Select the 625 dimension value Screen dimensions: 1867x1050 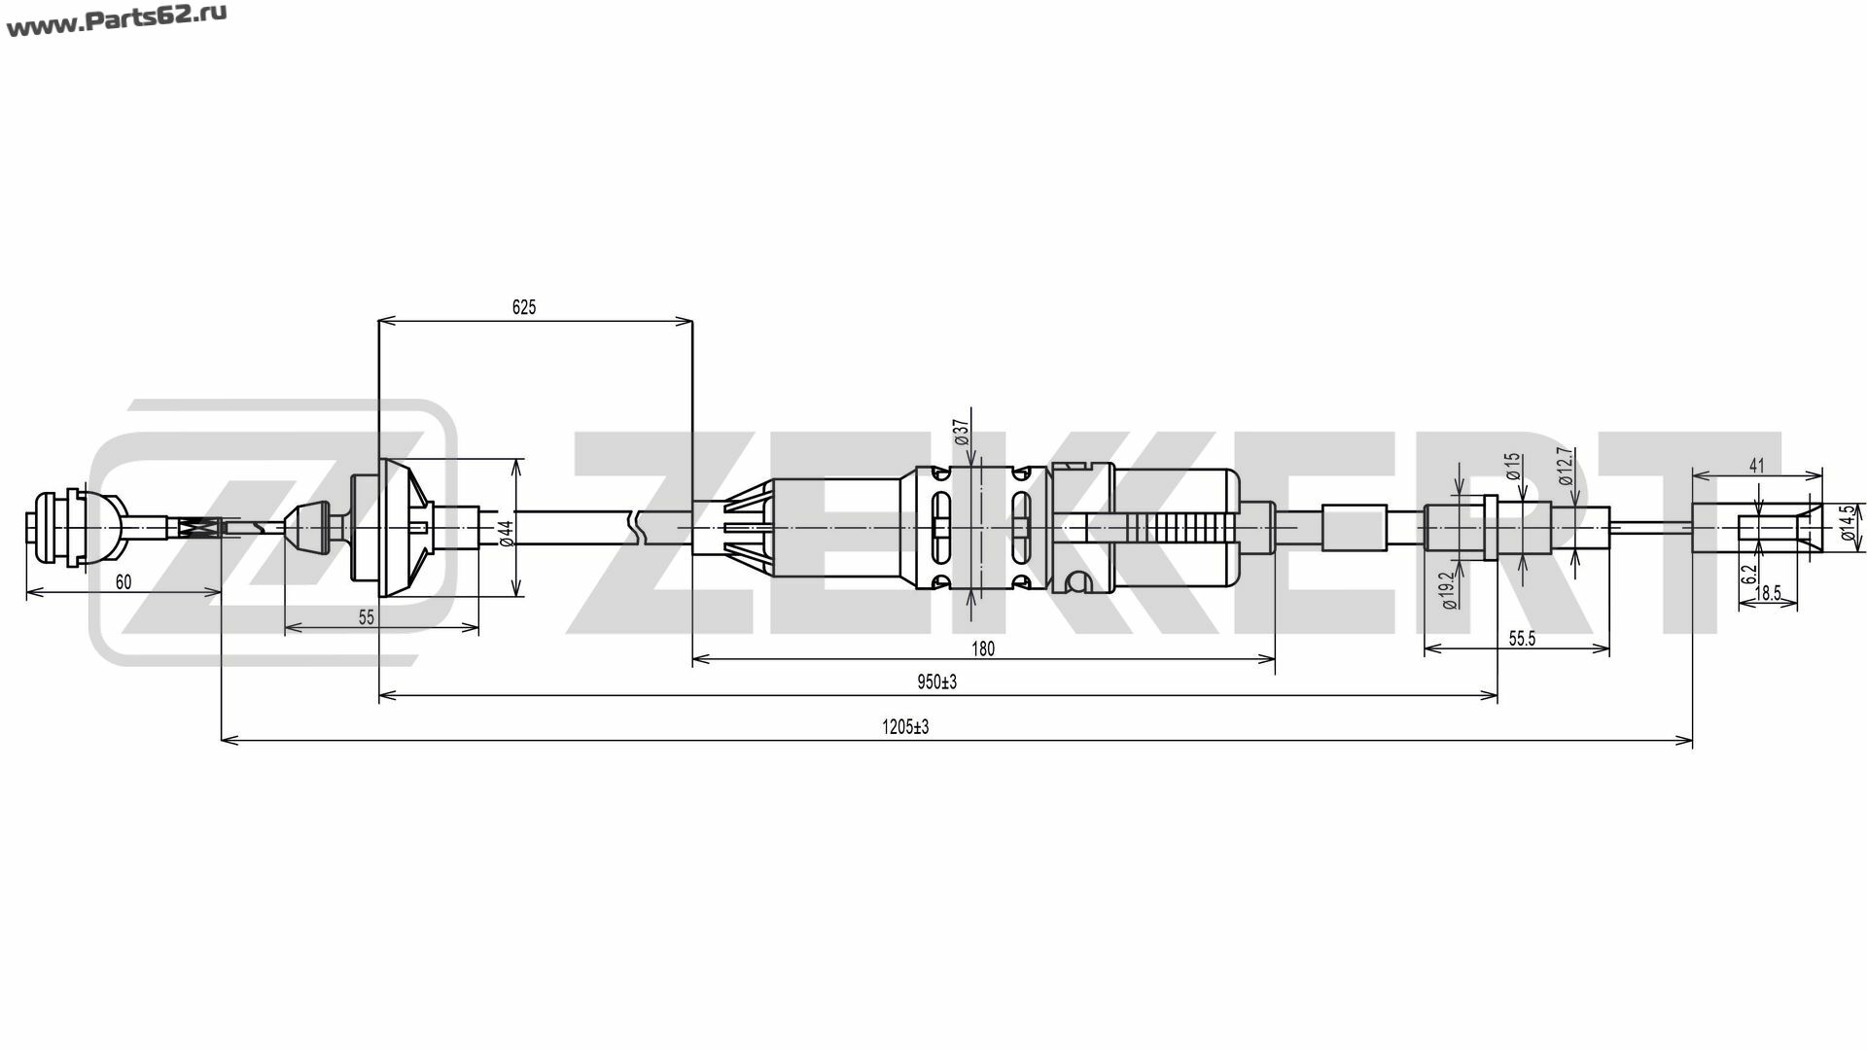[x=524, y=307]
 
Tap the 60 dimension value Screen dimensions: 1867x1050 [x=123, y=582]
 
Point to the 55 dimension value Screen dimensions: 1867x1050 [x=367, y=617]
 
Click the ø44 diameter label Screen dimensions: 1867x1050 [x=506, y=533]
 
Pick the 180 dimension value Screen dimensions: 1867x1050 [x=983, y=648]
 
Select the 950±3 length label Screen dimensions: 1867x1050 [x=937, y=682]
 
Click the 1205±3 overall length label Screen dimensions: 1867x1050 [x=905, y=726]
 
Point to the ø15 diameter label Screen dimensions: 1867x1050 [x=1513, y=467]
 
